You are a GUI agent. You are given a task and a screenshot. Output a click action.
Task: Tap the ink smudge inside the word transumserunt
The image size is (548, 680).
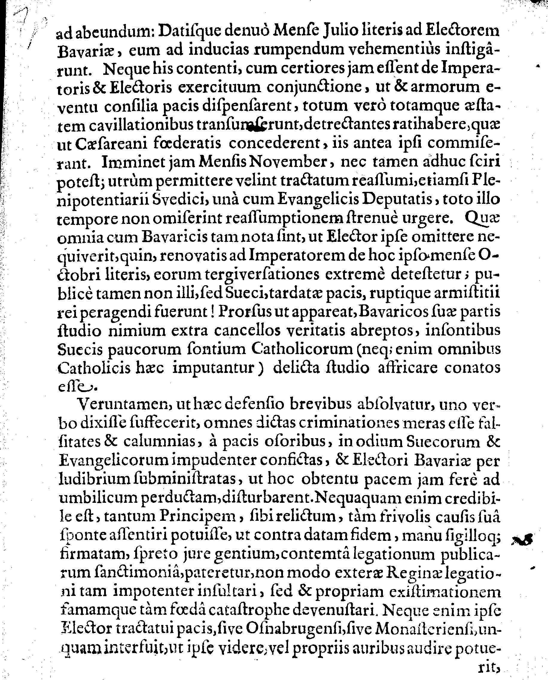(x=254, y=127)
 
